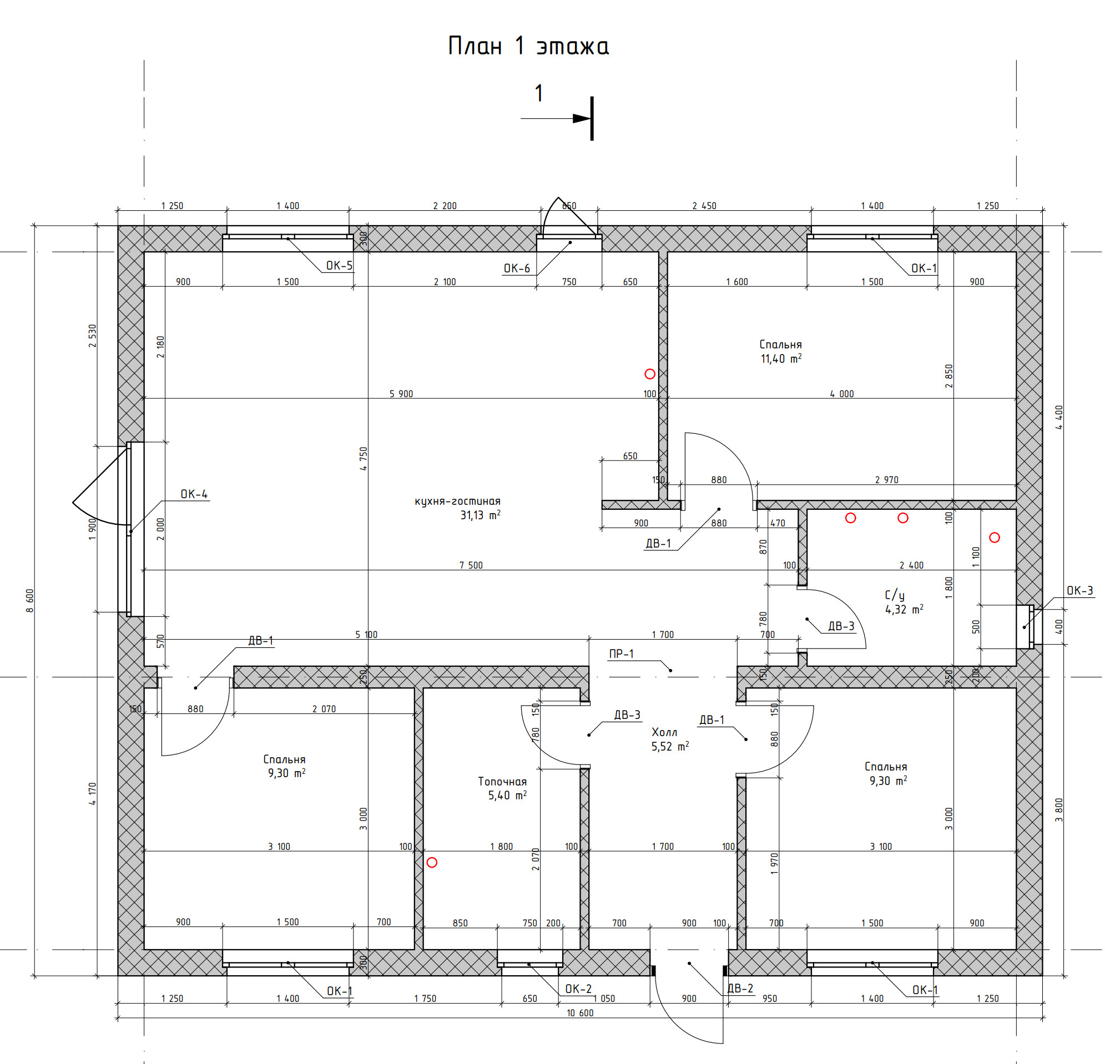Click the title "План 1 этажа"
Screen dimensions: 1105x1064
(x=528, y=46)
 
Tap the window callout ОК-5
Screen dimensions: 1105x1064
(x=340, y=265)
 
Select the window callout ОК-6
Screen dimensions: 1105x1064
(x=517, y=268)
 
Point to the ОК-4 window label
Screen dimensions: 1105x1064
(x=194, y=494)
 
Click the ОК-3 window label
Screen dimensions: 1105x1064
(x=1079, y=591)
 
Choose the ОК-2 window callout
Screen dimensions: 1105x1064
(x=578, y=989)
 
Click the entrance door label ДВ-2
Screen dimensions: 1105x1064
(x=740, y=989)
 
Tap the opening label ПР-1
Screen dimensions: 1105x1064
(x=621, y=653)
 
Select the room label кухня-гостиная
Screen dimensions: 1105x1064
(x=458, y=501)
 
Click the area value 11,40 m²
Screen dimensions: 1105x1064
(x=781, y=358)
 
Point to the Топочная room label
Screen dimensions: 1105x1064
(x=502, y=782)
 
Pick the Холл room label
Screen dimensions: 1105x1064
(x=665, y=732)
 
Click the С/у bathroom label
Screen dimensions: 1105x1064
(x=895, y=595)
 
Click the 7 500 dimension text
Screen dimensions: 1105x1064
(x=471, y=565)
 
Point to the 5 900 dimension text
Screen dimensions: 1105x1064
(x=401, y=394)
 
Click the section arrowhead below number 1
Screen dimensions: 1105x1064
(x=582, y=118)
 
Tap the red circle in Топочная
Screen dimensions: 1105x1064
(x=432, y=862)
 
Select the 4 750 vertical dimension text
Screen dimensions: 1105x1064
(x=364, y=459)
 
